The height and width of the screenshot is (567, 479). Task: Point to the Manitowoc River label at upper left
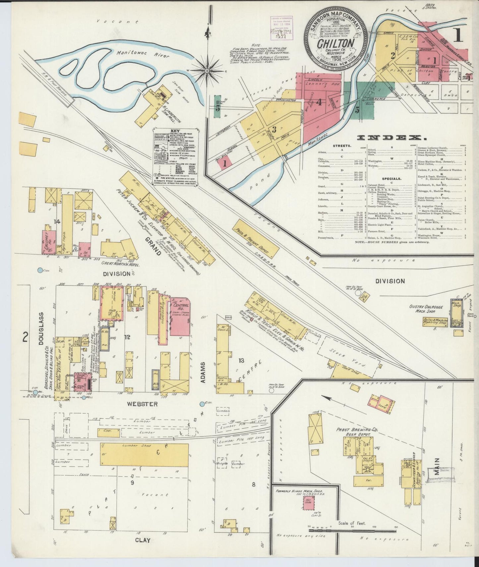[137, 55]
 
